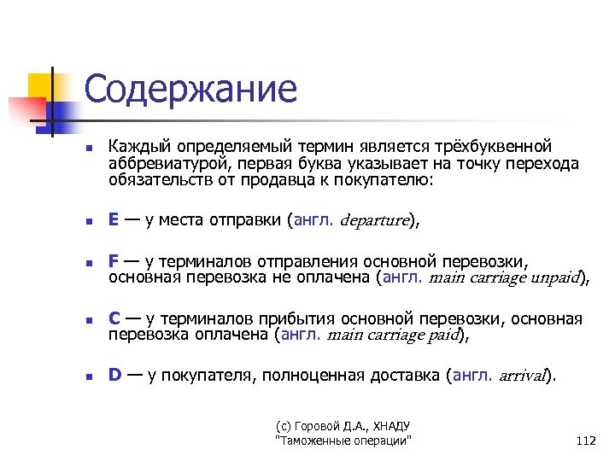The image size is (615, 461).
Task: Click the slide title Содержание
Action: click(x=190, y=90)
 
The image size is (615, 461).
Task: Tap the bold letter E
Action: click(x=114, y=219)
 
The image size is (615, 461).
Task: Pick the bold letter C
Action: click(x=114, y=319)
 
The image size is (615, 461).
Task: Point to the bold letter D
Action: click(x=114, y=375)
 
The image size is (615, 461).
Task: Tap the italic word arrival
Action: click(x=521, y=376)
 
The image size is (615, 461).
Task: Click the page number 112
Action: click(x=586, y=441)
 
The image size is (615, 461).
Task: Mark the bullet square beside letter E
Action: click(x=87, y=221)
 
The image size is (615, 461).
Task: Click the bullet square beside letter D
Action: click(x=87, y=376)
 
